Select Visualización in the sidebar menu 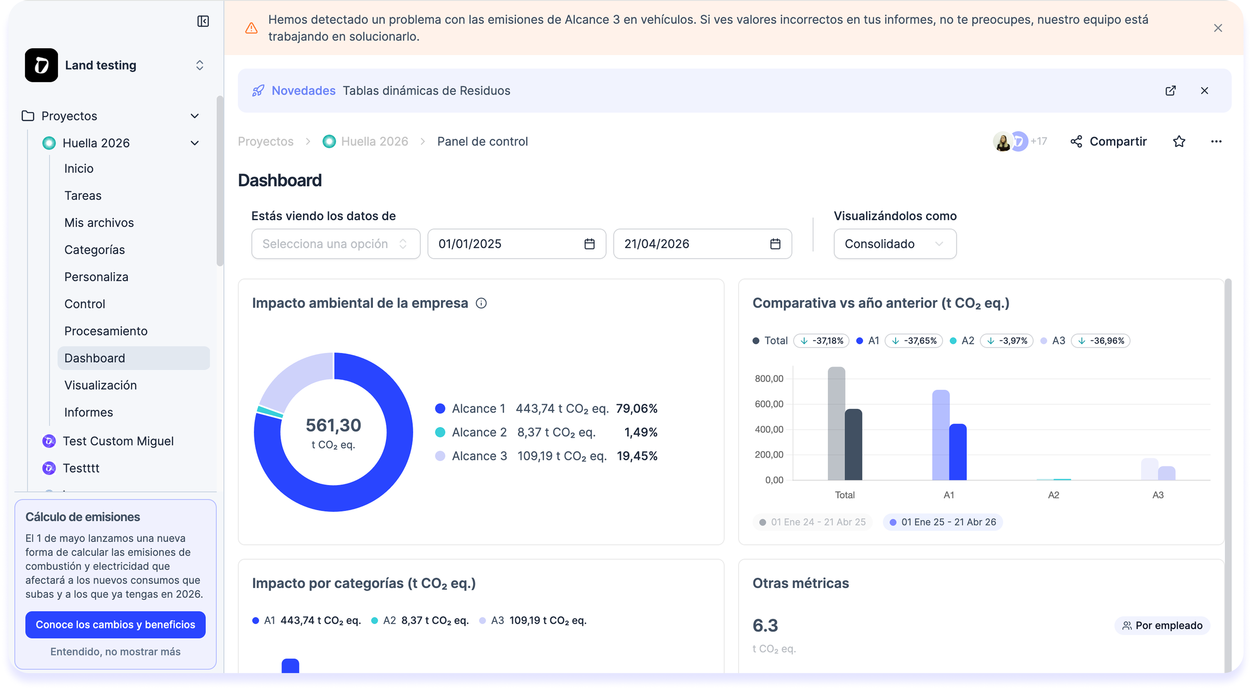point(101,385)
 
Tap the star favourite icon point(1179,141)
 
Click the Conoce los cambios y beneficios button point(115,624)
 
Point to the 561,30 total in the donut point(334,426)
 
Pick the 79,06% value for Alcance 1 point(636,408)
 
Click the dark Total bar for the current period point(854,445)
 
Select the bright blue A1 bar point(958,452)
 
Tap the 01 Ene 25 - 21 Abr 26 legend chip point(943,522)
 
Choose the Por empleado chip point(1162,625)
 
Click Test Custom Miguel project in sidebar point(118,441)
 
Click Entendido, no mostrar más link point(115,652)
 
